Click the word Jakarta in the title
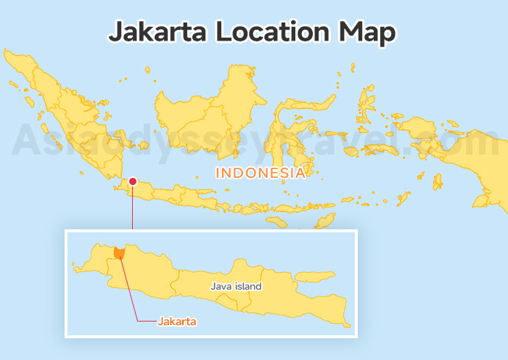[152, 32]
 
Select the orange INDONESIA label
[260, 173]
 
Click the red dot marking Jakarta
[133, 181]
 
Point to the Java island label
[236, 286]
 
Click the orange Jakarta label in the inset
[178, 320]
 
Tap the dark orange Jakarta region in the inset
[119, 251]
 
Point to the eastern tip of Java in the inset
[348, 325]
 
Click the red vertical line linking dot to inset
[133, 207]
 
